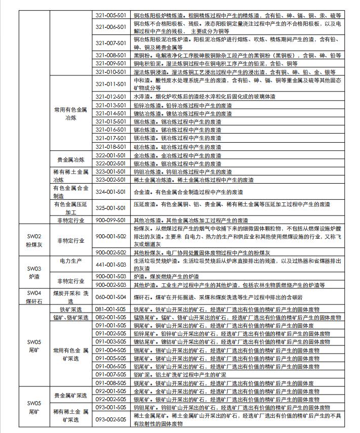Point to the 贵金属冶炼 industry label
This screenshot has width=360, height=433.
[x=71, y=159]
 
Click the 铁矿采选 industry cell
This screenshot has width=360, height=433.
[x=71, y=309]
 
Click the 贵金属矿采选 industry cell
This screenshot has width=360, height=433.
[x=71, y=395]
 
